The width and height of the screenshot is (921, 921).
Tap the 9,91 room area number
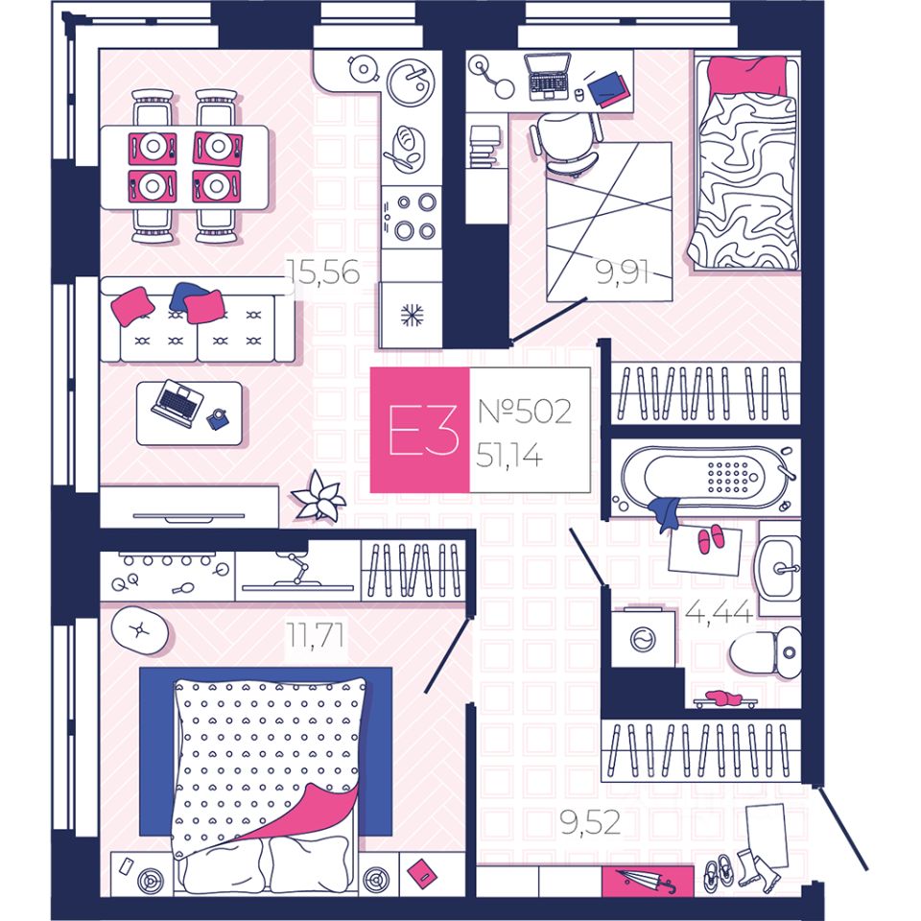(x=622, y=273)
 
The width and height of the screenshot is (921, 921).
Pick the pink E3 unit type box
(x=419, y=431)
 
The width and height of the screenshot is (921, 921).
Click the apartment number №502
(x=524, y=413)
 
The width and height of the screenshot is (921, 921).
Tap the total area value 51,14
(x=508, y=455)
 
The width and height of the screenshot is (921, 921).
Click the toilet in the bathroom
(x=767, y=653)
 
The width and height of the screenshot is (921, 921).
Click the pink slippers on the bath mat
(x=710, y=540)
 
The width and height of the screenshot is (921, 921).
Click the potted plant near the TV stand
(x=319, y=498)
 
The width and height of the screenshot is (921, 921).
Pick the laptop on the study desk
(x=549, y=77)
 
